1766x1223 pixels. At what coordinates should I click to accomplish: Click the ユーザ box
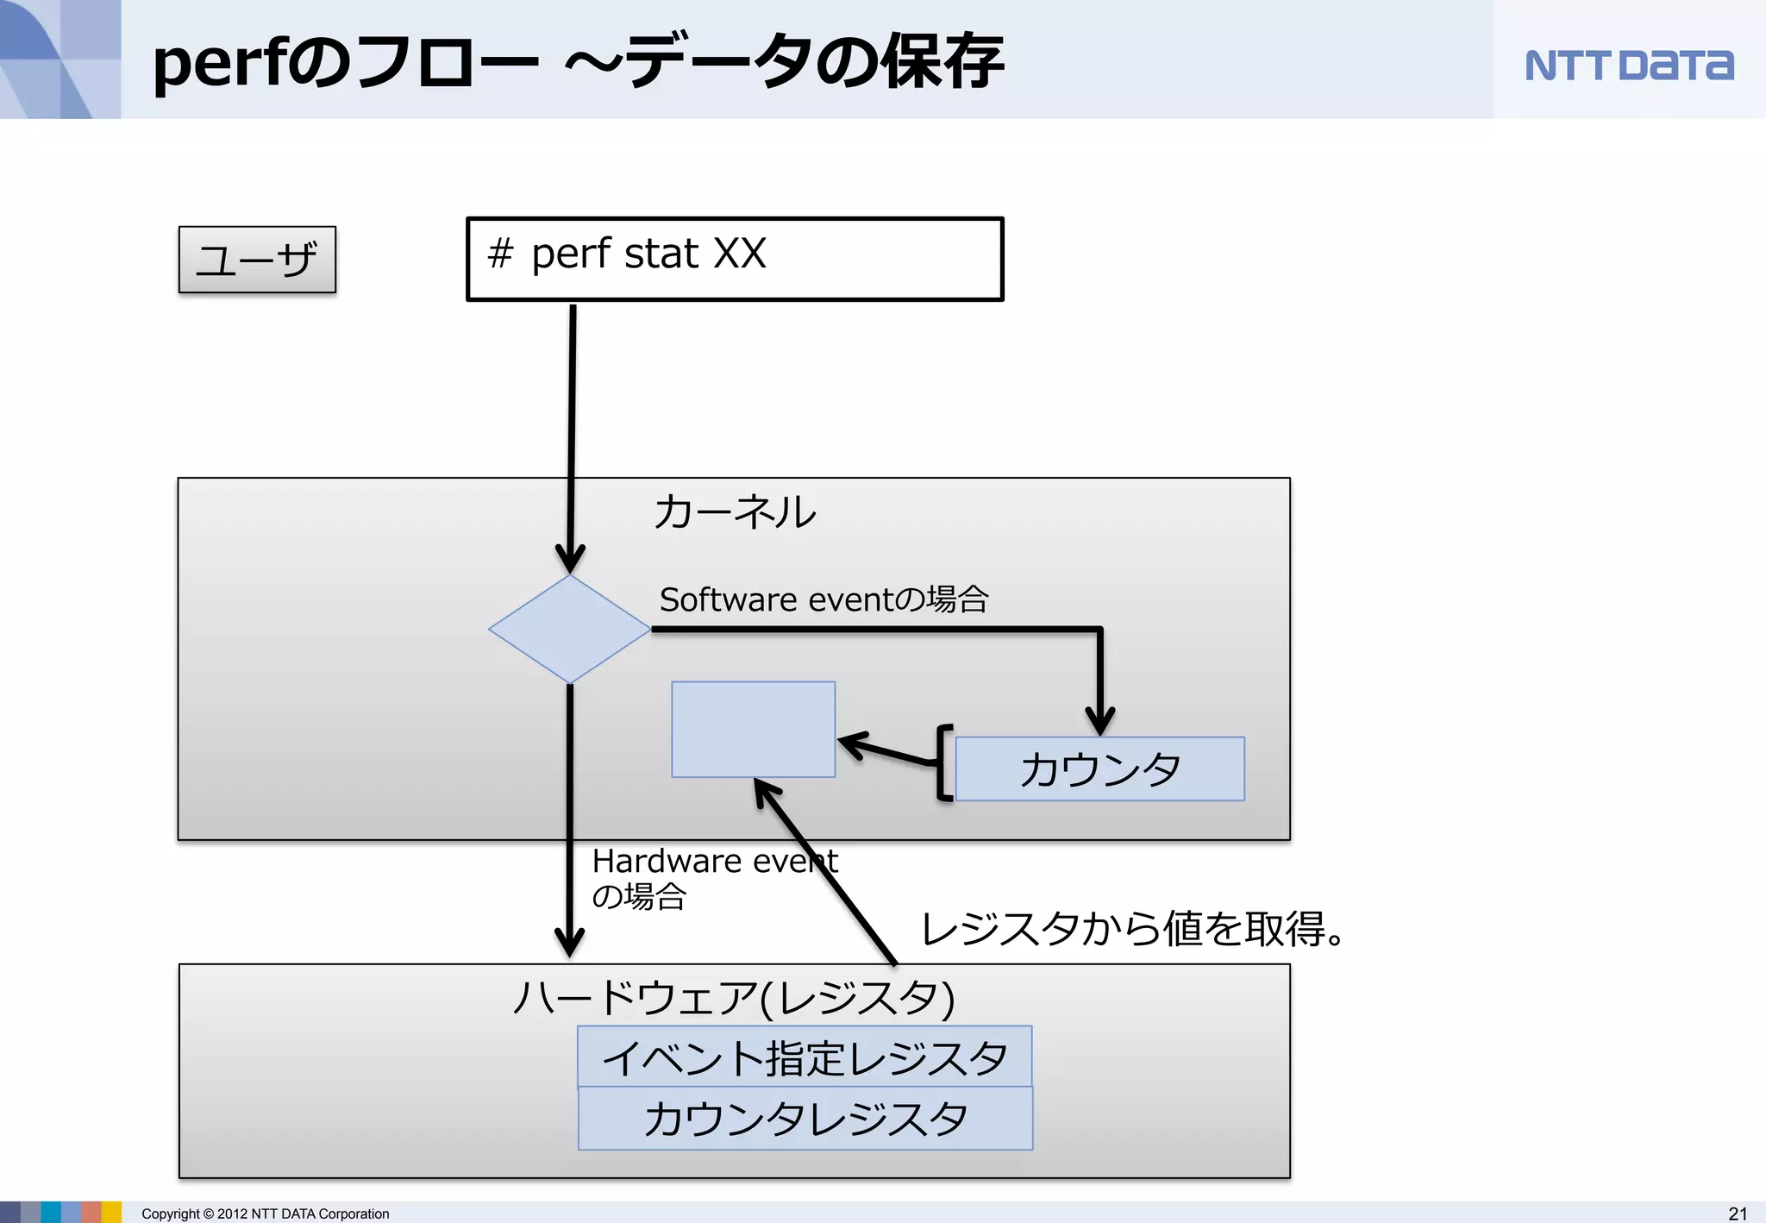(257, 260)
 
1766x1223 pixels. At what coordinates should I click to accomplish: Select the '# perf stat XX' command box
(735, 259)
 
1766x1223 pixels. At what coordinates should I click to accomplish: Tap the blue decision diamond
(569, 629)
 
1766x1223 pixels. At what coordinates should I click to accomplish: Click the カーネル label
(735, 511)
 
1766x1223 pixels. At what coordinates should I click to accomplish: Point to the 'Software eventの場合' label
(824, 599)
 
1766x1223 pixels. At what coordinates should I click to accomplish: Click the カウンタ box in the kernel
(1099, 768)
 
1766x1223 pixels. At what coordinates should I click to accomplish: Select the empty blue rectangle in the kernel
(753, 729)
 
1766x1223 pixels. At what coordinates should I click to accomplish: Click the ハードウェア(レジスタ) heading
(734, 997)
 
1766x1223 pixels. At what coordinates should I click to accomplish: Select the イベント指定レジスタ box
(805, 1057)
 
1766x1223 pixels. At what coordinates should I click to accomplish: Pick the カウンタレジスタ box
(805, 1119)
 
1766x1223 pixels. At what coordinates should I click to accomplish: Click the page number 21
(1738, 1214)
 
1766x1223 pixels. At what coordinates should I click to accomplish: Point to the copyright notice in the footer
(266, 1214)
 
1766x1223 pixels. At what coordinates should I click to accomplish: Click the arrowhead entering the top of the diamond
(570, 559)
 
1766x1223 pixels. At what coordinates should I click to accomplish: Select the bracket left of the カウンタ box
(943, 763)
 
